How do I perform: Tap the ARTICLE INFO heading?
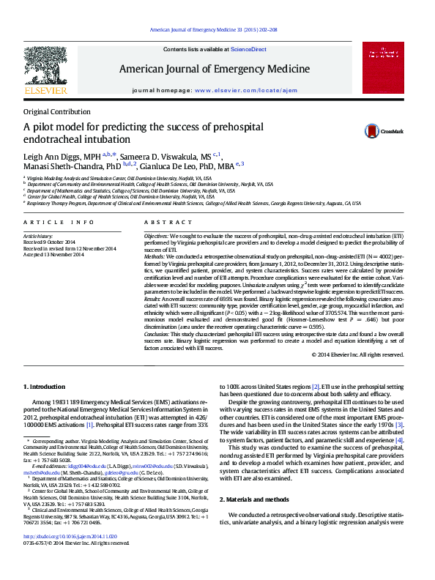click(59, 222)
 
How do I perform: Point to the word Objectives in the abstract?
click(156, 237)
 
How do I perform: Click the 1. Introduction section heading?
click(46, 386)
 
